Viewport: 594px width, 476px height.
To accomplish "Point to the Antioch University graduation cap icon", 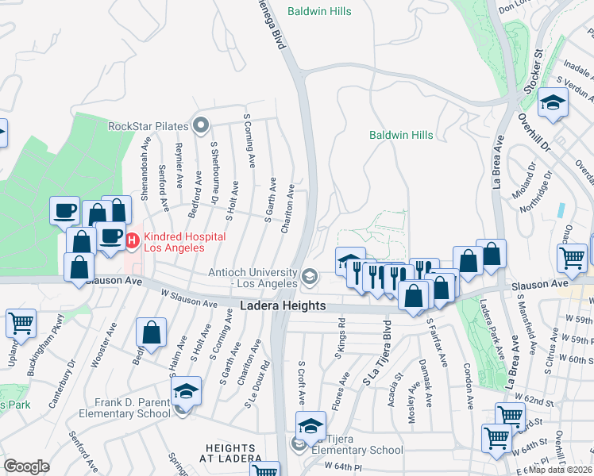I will click(x=309, y=278).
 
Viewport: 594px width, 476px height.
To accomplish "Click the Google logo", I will click(x=26, y=466).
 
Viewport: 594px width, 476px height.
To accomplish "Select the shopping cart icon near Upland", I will click(x=21, y=322).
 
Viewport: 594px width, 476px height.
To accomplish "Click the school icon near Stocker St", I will click(x=553, y=103).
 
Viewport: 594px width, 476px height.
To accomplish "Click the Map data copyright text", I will click(x=561, y=470).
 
